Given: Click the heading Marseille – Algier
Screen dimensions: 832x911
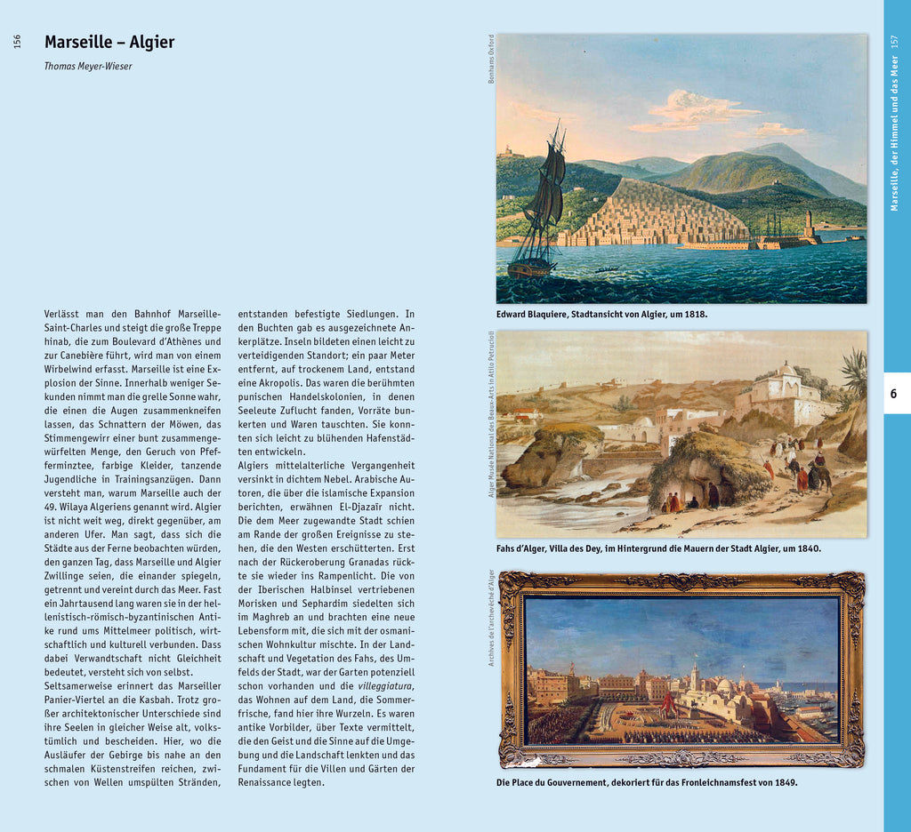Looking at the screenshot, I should click(x=109, y=43).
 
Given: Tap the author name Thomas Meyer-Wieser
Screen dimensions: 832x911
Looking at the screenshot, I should click(x=88, y=66).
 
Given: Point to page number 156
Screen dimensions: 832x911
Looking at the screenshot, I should click(x=17, y=41).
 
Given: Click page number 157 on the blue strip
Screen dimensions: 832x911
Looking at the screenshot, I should click(x=894, y=41).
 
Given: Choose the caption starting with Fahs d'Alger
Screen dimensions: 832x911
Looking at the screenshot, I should click(x=658, y=548).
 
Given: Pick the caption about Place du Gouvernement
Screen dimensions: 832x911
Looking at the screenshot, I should click(x=647, y=783).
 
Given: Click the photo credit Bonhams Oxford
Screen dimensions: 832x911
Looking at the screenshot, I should click(x=490, y=59).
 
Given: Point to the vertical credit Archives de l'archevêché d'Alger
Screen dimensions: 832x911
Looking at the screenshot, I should click(x=490, y=618).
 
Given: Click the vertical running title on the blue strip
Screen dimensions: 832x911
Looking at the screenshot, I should click(x=894, y=133).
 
